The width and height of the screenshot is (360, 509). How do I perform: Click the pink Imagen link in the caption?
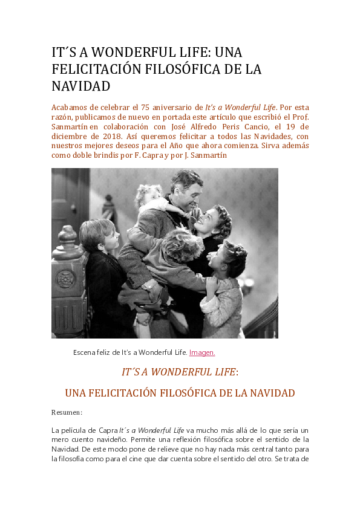pos(202,352)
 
